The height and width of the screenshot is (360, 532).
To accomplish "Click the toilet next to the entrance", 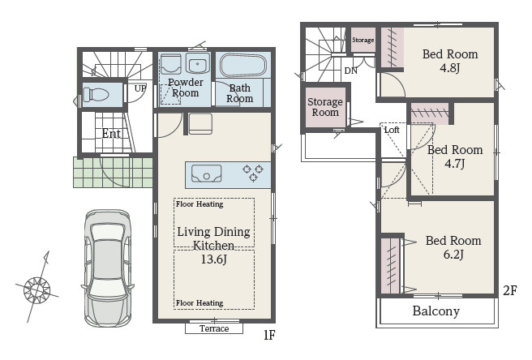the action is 96,94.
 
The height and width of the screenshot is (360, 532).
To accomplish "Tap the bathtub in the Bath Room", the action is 243,65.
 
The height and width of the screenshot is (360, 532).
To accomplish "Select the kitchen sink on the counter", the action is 206,174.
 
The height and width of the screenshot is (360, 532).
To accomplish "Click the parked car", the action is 108,268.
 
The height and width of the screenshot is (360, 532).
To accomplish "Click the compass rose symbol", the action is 36,290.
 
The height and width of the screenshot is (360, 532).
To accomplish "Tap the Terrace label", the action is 214,328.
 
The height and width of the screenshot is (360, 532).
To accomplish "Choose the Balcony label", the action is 436,311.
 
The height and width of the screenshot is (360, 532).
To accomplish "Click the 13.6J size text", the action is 214,259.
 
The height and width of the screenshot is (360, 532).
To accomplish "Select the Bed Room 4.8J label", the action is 450,61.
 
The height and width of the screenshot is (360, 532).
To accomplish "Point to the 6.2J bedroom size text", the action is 453,254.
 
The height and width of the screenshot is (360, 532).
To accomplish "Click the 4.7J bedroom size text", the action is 455,164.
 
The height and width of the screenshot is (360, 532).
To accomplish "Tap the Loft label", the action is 392,130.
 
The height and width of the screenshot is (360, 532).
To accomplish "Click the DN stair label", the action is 351,71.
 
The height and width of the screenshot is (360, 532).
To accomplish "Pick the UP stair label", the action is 139,88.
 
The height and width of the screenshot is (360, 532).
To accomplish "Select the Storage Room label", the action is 324,107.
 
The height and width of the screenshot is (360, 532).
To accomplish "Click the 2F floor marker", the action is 509,291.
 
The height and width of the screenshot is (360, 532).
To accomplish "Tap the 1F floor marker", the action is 269,335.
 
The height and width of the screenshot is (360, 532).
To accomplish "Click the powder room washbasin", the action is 197,63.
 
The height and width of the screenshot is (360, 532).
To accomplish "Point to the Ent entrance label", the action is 111,134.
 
